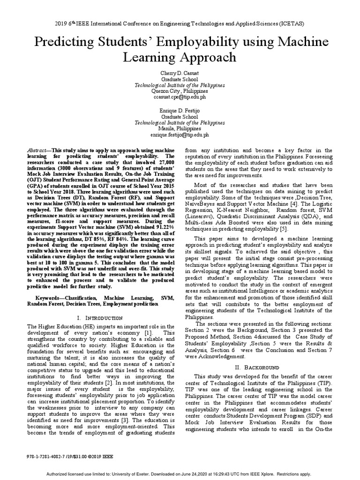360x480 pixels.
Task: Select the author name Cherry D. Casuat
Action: click(180, 74)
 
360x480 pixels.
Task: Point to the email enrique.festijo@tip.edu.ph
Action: click(180, 134)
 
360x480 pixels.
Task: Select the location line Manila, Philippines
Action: click(180, 128)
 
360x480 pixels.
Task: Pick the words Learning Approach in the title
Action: click(180, 58)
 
